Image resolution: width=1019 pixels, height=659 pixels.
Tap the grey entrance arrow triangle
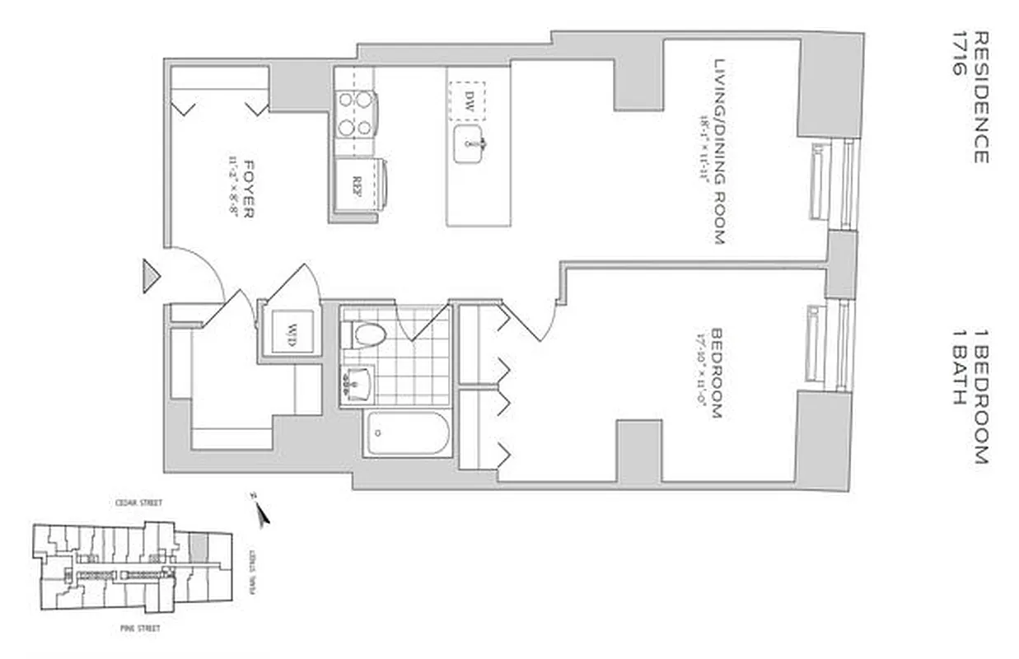point(150,276)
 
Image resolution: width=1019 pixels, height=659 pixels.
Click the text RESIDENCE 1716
point(969,97)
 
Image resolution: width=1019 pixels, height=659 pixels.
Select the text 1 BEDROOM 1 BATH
point(969,397)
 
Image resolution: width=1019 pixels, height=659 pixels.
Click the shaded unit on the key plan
point(199,544)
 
